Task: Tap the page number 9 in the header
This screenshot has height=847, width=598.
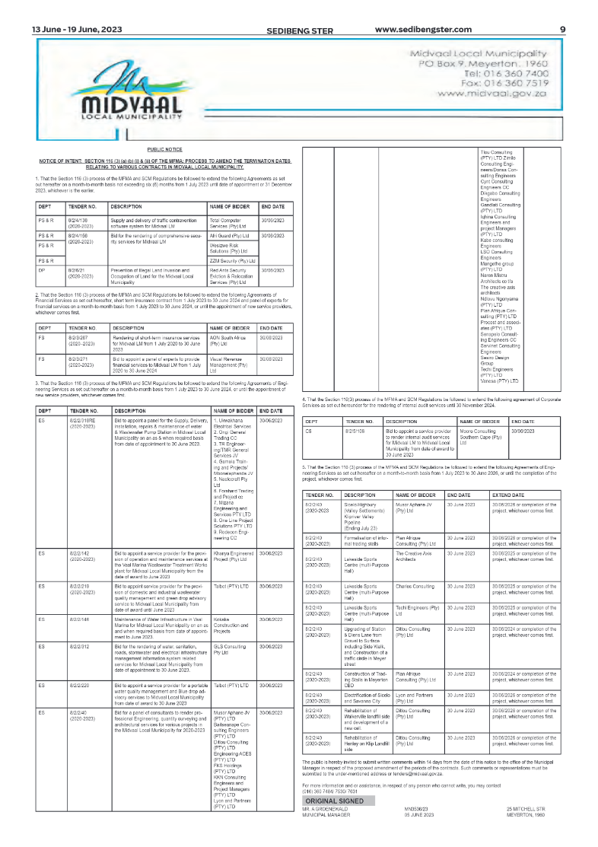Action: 562,30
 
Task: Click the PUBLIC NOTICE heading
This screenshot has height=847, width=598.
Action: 164,150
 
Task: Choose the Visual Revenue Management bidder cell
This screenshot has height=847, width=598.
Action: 231,364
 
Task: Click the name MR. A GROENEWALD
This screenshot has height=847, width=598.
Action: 326,809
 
